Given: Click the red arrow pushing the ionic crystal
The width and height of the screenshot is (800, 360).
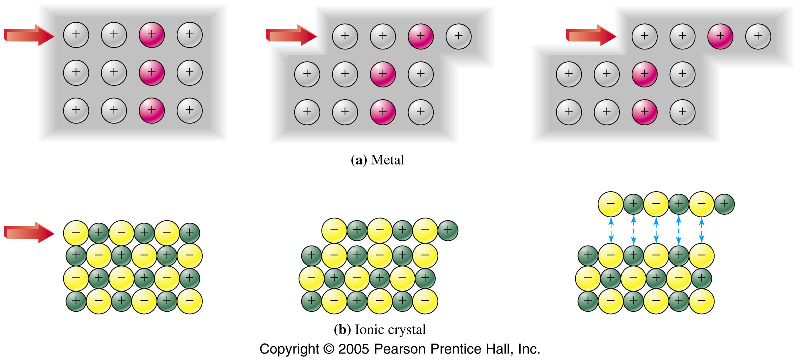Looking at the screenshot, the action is pyautogui.click(x=29, y=233).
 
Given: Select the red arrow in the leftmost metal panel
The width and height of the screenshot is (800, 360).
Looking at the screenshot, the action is pyautogui.click(x=29, y=35).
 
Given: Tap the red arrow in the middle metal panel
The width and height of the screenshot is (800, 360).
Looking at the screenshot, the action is pyautogui.click(x=292, y=35).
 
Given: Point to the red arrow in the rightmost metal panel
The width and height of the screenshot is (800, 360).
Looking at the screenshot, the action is pyautogui.click(x=591, y=35).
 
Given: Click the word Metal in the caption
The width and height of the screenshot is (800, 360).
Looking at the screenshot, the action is pyautogui.click(x=388, y=160).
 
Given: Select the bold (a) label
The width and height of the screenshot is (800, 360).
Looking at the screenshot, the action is pyautogui.click(x=359, y=160).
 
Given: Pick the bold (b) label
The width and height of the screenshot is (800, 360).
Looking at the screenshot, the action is pyautogui.click(x=342, y=329).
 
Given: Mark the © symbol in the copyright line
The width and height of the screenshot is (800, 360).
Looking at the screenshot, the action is pyautogui.click(x=329, y=349).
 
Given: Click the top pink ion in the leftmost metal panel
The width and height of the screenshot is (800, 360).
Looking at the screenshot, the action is pyautogui.click(x=152, y=35).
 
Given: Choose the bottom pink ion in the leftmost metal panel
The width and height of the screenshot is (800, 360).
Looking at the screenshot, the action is pyautogui.click(x=152, y=110).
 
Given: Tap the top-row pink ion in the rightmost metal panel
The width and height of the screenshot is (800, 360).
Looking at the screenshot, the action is pyautogui.click(x=720, y=36).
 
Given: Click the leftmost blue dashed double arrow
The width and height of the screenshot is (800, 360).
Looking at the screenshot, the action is pyautogui.click(x=611, y=230).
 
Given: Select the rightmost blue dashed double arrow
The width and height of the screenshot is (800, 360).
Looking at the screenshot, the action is pyautogui.click(x=702, y=230).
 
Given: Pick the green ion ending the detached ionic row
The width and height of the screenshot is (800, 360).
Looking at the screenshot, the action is pyautogui.click(x=724, y=204).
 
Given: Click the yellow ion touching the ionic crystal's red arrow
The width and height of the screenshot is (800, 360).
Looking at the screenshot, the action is pyautogui.click(x=76, y=233).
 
